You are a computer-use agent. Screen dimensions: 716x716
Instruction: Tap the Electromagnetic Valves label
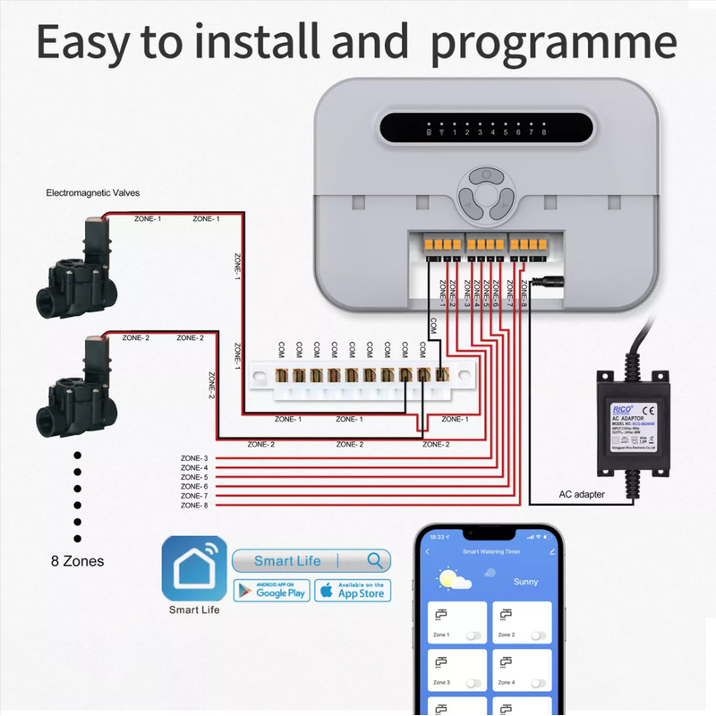click(x=93, y=192)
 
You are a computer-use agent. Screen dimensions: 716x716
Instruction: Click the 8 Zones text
click(x=77, y=561)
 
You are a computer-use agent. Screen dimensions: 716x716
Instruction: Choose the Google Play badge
click(x=270, y=591)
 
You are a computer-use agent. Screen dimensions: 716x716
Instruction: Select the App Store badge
click(x=352, y=591)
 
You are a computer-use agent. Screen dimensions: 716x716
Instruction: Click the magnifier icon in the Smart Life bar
click(x=376, y=561)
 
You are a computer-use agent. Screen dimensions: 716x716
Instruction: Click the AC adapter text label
click(x=582, y=494)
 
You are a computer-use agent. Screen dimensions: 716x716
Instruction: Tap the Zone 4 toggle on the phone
click(x=538, y=683)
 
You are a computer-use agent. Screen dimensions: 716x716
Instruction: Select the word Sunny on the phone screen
click(x=526, y=582)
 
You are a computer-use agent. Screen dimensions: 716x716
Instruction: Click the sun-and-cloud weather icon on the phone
click(x=455, y=580)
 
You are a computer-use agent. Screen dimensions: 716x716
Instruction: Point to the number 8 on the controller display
click(x=543, y=132)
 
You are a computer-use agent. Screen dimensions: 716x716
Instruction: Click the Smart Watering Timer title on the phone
click(x=490, y=552)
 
